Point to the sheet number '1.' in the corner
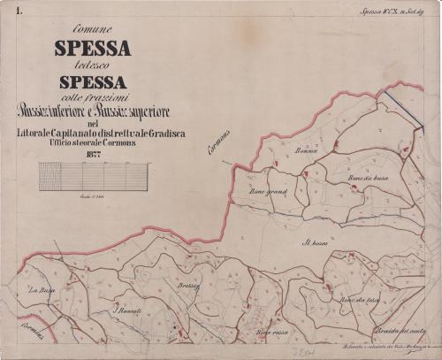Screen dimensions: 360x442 click(x=7, y=10)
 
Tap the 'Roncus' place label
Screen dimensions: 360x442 click(x=307, y=151)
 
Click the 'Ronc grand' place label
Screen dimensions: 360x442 click(x=269, y=190)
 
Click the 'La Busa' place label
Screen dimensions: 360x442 click(x=42, y=291)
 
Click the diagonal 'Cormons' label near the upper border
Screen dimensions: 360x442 click(x=219, y=142)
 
